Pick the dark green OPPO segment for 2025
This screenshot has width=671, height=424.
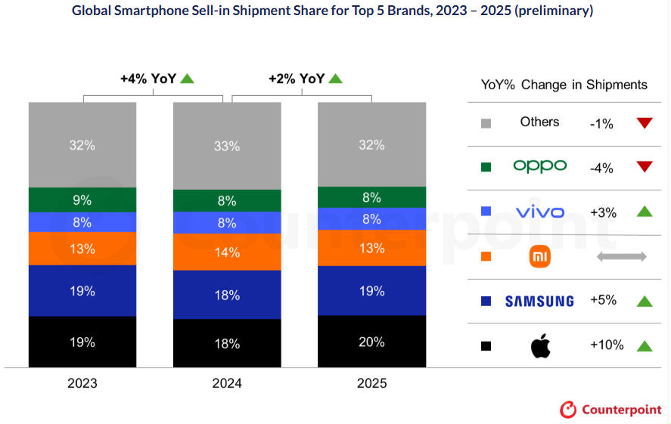371,197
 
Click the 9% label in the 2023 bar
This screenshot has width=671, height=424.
82,200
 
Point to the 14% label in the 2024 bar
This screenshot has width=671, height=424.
227,253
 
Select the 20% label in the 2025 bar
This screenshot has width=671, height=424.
371,342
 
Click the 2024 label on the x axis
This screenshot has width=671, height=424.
227,383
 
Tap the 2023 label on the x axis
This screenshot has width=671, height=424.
82,383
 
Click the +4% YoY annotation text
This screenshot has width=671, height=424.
148,79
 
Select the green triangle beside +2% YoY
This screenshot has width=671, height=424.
336,78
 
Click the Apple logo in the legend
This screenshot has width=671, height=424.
540,345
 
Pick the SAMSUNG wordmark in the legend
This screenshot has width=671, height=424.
539,302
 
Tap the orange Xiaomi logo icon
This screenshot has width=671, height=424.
540,257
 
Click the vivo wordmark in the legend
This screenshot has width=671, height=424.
539,212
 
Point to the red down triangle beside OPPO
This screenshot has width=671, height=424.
645,168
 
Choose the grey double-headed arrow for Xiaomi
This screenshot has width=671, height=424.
621,257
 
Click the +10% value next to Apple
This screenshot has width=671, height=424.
607,345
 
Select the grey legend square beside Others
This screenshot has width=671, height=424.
486,123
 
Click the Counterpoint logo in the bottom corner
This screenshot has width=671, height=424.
610,410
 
